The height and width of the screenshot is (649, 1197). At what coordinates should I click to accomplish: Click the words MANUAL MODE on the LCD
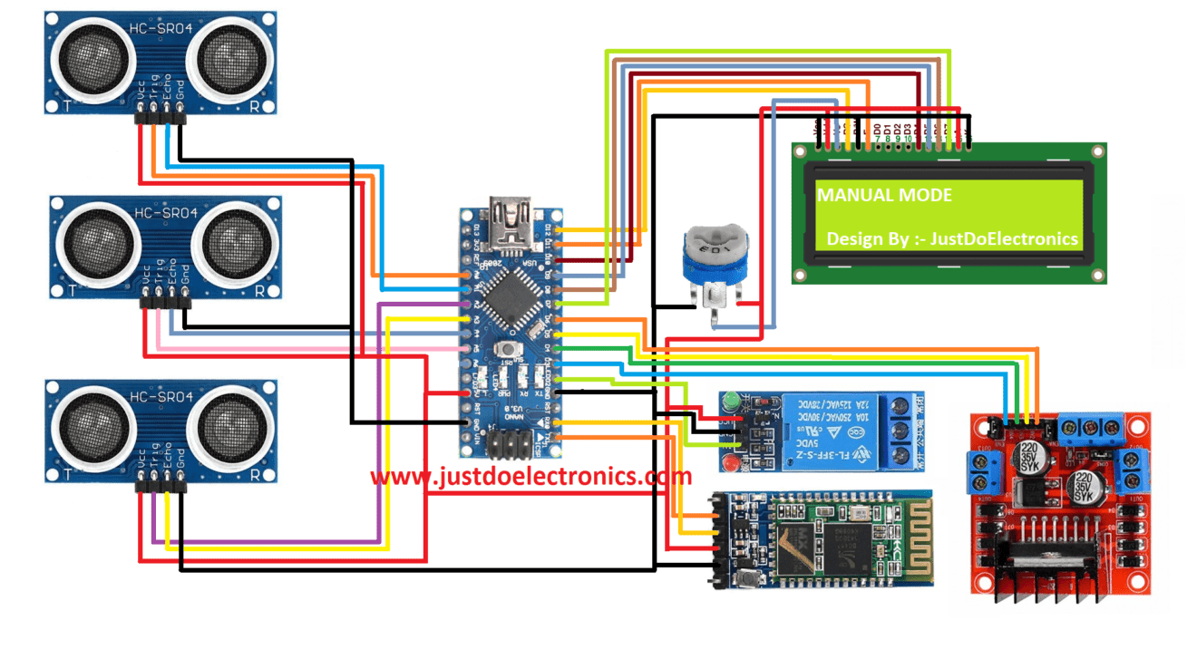coord(885,195)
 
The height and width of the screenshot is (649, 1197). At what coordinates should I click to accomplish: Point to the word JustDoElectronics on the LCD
coord(1007,238)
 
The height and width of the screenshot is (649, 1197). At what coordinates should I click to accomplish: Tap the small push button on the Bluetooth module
coord(748,576)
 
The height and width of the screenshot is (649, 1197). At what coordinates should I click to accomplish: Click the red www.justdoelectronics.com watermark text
coord(530,476)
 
